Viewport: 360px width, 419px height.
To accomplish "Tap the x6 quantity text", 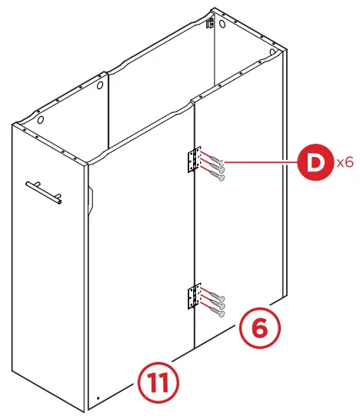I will [x=344, y=163].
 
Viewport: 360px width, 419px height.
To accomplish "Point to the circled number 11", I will [x=158, y=381].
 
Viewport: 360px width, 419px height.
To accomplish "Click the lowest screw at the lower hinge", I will [x=216, y=311].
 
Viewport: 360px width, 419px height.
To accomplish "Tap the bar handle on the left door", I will [x=44, y=191].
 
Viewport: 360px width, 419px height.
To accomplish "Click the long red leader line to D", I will [x=262, y=163].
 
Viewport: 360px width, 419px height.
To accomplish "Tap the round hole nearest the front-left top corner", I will [x=41, y=121].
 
